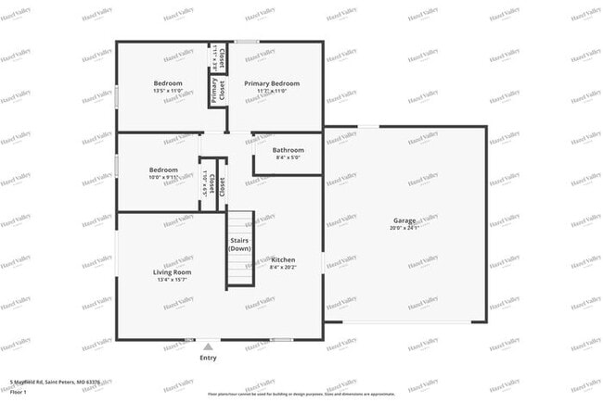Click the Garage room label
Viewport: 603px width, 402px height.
[405, 220]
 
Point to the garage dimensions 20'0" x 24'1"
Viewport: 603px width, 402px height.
[405, 229]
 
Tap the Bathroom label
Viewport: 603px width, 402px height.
[288, 150]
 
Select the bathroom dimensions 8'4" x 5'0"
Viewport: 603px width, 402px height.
[288, 158]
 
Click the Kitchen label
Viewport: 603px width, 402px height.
[282, 259]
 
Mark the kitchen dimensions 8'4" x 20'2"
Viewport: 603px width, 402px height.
[282, 268]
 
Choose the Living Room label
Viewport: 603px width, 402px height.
[172, 271]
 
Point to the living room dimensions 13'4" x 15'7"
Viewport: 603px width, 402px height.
[172, 280]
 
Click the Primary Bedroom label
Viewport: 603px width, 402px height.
[271, 83]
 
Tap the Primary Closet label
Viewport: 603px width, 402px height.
[218, 91]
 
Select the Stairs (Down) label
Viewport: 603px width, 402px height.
[240, 245]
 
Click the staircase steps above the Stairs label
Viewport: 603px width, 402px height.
[241, 222]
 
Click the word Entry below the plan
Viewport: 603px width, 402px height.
[208, 358]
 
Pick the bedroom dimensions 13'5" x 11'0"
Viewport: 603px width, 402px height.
[167, 92]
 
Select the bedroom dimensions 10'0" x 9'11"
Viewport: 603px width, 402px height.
[163, 178]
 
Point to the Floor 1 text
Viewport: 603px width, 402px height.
[19, 392]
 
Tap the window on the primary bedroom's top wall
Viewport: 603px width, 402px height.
[246, 42]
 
